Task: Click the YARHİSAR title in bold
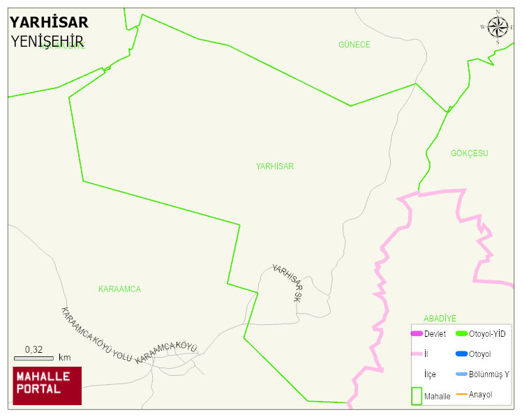coord(49,22)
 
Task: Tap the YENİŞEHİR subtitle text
coord(47,42)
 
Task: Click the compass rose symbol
coord(498,27)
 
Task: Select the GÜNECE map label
coord(355,45)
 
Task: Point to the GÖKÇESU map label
coord(469,153)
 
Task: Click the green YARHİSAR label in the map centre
coord(274,167)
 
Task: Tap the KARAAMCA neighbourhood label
coord(119,289)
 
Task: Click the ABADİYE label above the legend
coord(440,319)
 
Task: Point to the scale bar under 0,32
coord(33,358)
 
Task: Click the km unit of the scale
coord(64,358)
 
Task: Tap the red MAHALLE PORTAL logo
coord(47,386)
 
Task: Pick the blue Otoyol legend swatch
coord(461,354)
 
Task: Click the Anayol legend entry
coord(480,395)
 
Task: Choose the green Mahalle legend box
coord(416,395)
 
